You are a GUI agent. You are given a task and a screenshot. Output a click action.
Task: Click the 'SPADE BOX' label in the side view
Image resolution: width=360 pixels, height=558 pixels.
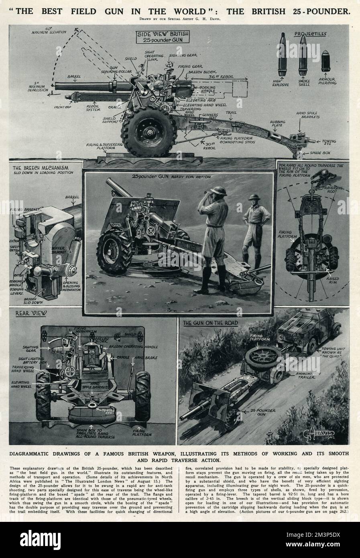pos(324,153)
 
